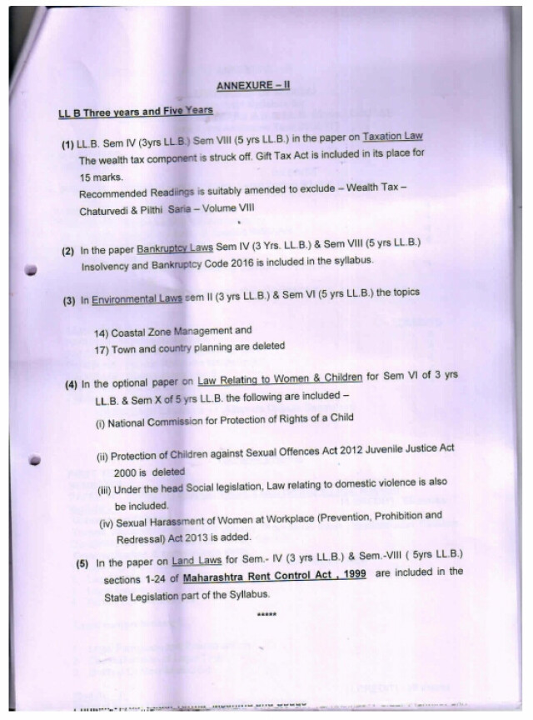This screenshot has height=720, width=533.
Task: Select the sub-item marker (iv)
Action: coord(107,523)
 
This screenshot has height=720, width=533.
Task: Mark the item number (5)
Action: coord(83,562)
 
